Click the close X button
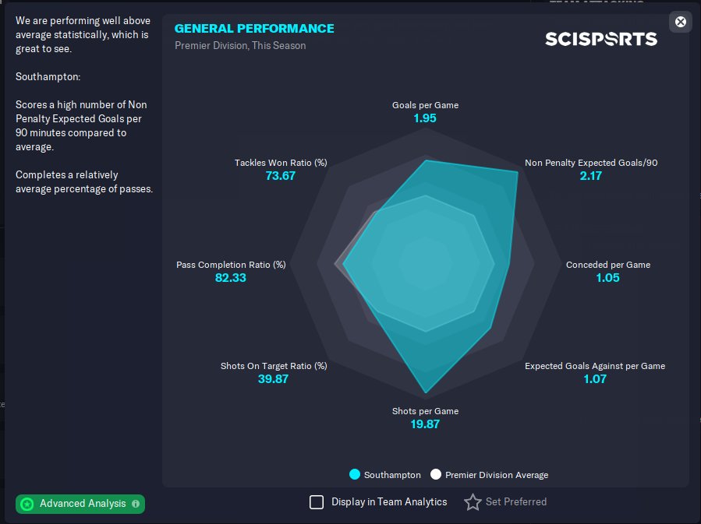[x=681, y=22]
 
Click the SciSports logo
[x=600, y=39]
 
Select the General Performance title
[x=254, y=29]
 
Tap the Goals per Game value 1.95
[x=425, y=118]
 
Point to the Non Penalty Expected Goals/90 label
[x=591, y=163]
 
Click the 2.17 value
[x=591, y=176]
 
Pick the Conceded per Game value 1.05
[x=607, y=277]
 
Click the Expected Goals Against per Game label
[x=595, y=366]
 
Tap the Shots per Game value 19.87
[x=425, y=424]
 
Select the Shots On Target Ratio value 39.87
[x=273, y=379]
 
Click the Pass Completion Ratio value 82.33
[x=231, y=277]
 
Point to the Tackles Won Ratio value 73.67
[x=281, y=176]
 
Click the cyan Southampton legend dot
[x=355, y=475]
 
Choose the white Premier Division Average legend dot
[x=436, y=475]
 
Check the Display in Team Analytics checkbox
[x=317, y=502]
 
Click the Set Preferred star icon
[x=473, y=502]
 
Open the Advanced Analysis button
[x=80, y=504]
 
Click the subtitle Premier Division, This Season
[x=240, y=45]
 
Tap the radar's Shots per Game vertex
[x=426, y=392]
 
